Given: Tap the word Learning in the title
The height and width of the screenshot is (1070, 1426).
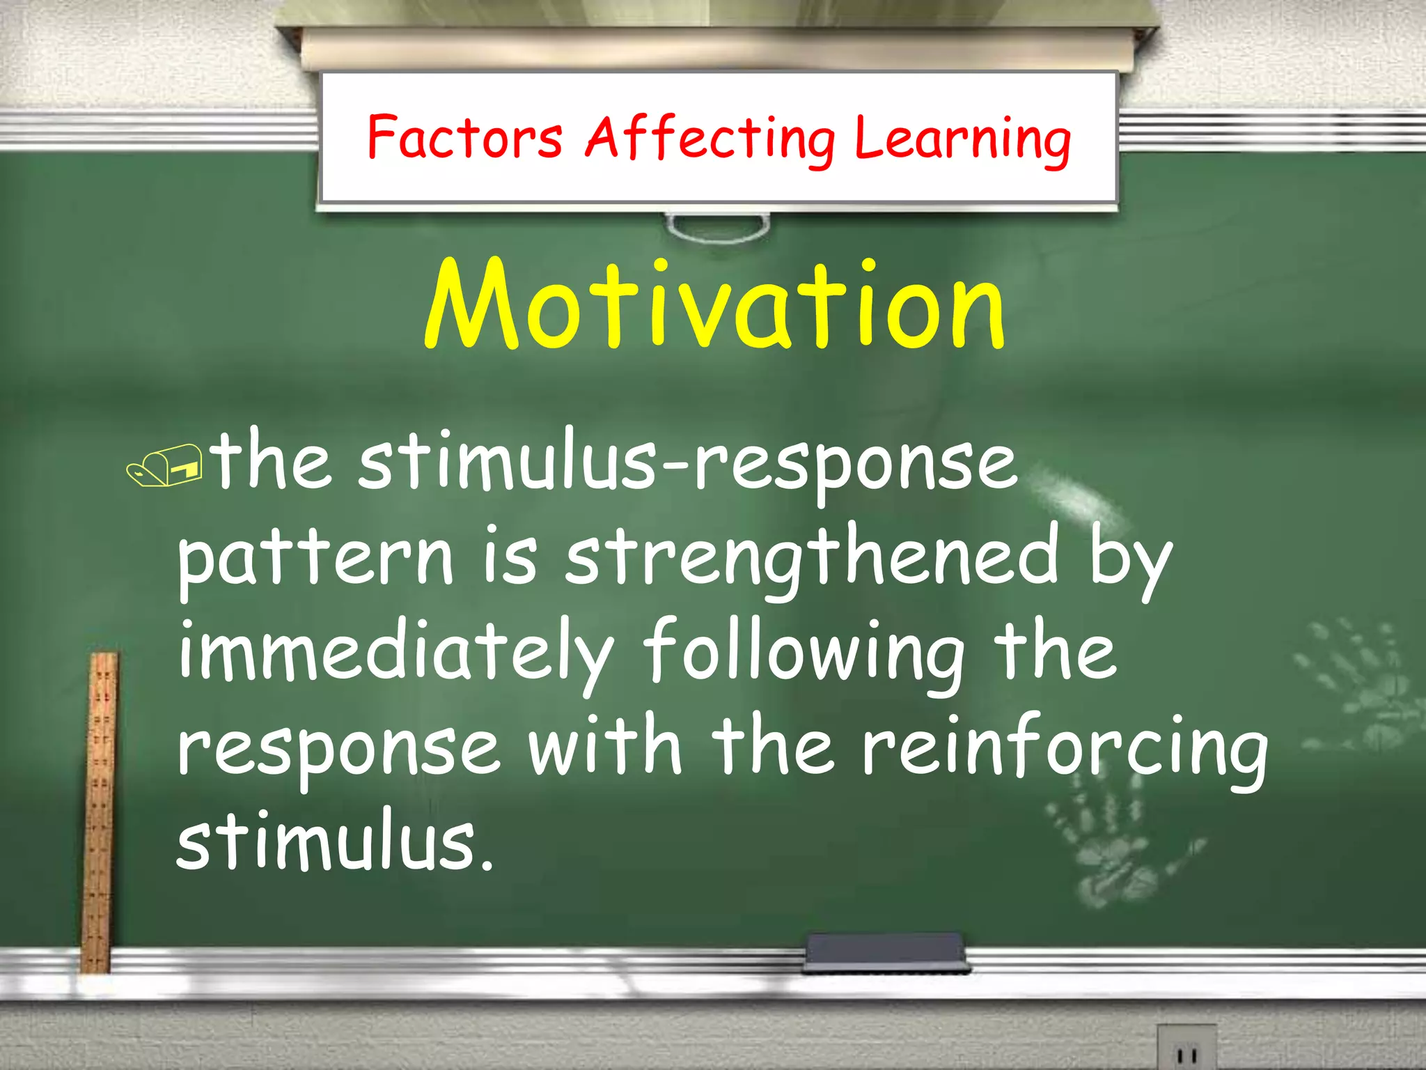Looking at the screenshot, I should coord(962,139).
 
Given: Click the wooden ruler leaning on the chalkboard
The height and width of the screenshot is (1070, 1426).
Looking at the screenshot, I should coord(100,812).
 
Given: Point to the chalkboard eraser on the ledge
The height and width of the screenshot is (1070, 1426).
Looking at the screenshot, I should coord(885,953).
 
